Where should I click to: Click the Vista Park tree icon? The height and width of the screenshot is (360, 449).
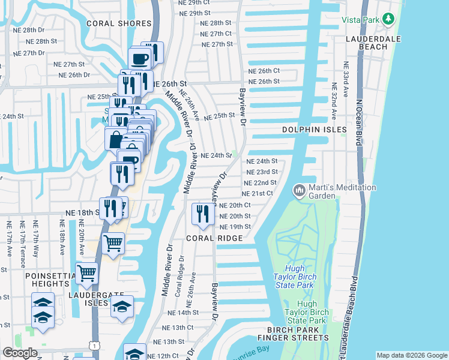point(390,19)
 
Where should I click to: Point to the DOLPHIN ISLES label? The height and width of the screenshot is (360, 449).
point(315,130)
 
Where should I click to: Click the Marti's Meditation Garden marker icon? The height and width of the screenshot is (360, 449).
point(298,191)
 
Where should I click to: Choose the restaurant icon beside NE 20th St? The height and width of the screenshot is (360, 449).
point(202,214)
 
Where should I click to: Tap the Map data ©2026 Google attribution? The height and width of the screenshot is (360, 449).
point(411,355)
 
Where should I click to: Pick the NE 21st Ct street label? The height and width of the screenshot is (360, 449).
point(258,194)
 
